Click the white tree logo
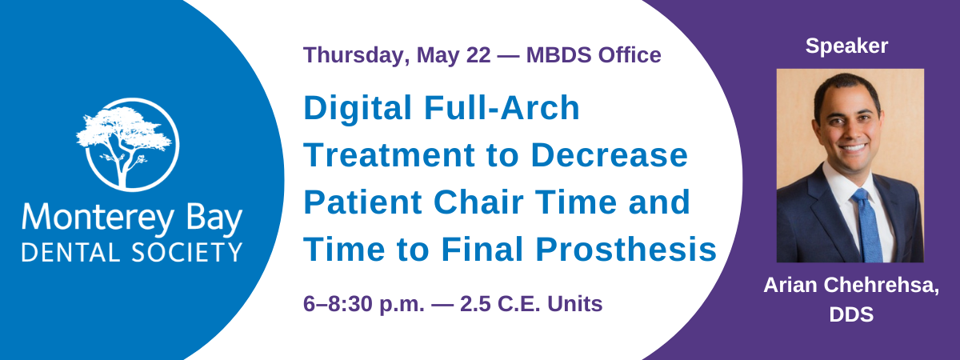tap(129, 145)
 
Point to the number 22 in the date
tap(478, 55)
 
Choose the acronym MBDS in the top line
tap(559, 55)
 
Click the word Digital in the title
tap(358, 108)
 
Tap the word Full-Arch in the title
tap(502, 107)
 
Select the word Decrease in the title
tap(609, 154)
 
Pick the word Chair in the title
tap(478, 202)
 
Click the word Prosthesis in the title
tap(626, 250)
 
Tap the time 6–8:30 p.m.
tap(364, 304)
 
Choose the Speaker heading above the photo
tap(846, 46)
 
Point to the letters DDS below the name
tap(851, 314)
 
